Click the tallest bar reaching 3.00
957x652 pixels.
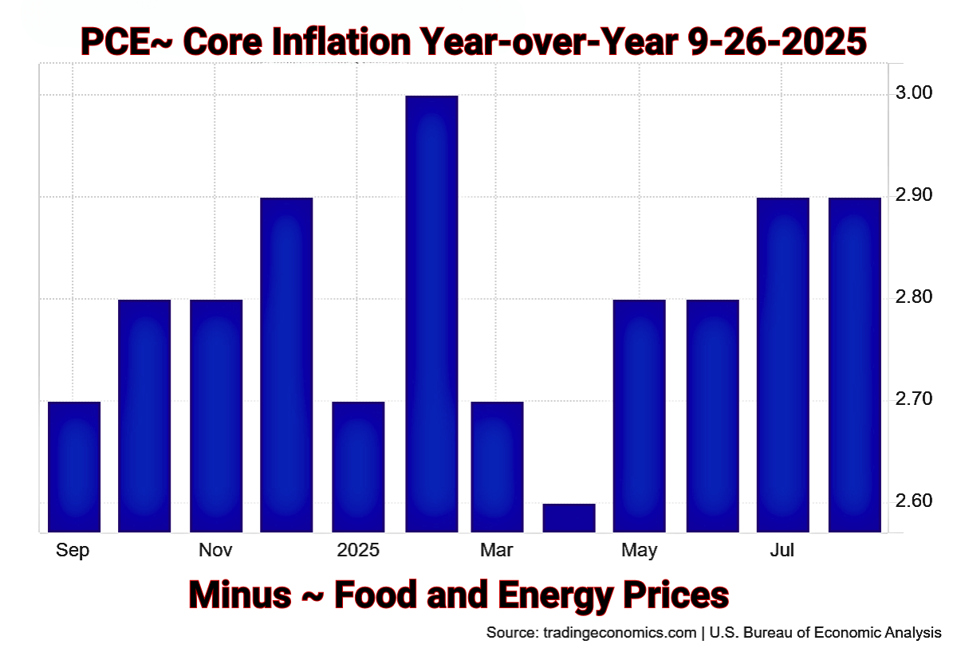click(x=431, y=312)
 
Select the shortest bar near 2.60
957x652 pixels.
click(x=569, y=517)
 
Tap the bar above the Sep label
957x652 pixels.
click(x=74, y=466)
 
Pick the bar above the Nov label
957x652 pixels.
click(x=215, y=415)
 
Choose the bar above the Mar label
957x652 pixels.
click(x=497, y=466)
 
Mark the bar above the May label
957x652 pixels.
click(x=639, y=415)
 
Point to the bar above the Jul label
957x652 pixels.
click(x=782, y=364)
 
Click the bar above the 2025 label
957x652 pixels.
click(x=358, y=466)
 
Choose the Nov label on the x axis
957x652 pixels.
click(x=215, y=550)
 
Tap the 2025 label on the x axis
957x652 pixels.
click(x=358, y=550)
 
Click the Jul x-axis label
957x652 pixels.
click(x=782, y=550)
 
